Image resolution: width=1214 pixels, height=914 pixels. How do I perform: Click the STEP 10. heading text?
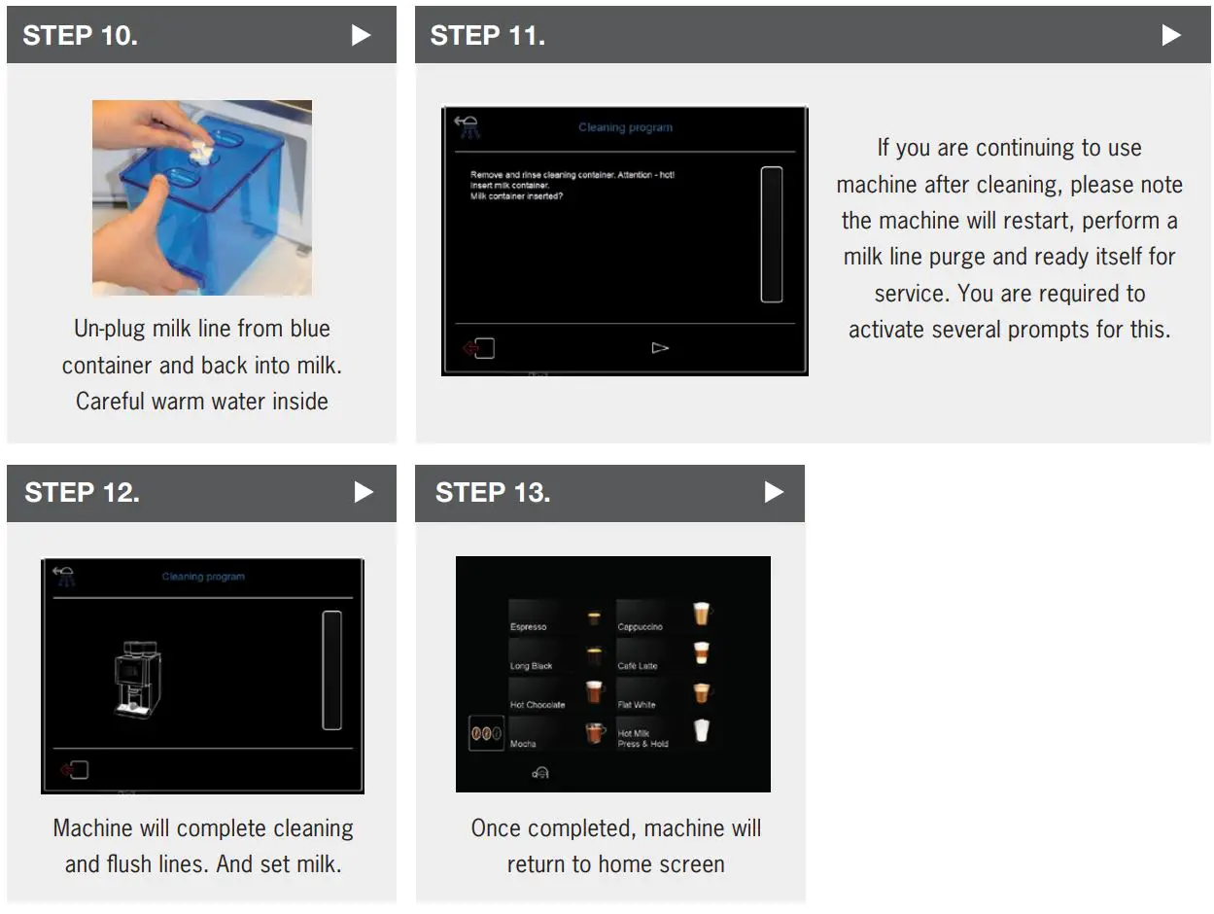coord(81,36)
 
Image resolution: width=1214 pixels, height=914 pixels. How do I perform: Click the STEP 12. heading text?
coord(82,492)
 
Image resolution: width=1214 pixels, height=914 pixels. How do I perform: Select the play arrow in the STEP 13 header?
coord(774,492)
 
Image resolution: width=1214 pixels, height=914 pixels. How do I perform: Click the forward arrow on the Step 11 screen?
coord(660,347)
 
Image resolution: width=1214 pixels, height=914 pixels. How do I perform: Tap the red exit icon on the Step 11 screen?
coord(479,348)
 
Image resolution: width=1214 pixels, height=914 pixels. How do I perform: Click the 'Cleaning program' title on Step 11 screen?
coord(625,127)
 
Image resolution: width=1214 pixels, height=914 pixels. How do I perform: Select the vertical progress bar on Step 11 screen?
coord(771,234)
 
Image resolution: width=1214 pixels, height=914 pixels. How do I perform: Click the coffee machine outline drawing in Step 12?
coord(136,680)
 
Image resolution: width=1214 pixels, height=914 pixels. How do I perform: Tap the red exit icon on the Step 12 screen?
coord(74,770)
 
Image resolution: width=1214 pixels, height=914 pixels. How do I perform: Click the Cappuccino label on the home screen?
coord(640,627)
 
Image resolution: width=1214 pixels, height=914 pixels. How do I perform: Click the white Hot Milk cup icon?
coord(701,731)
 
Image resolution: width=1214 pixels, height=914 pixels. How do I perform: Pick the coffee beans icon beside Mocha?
coord(486,733)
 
